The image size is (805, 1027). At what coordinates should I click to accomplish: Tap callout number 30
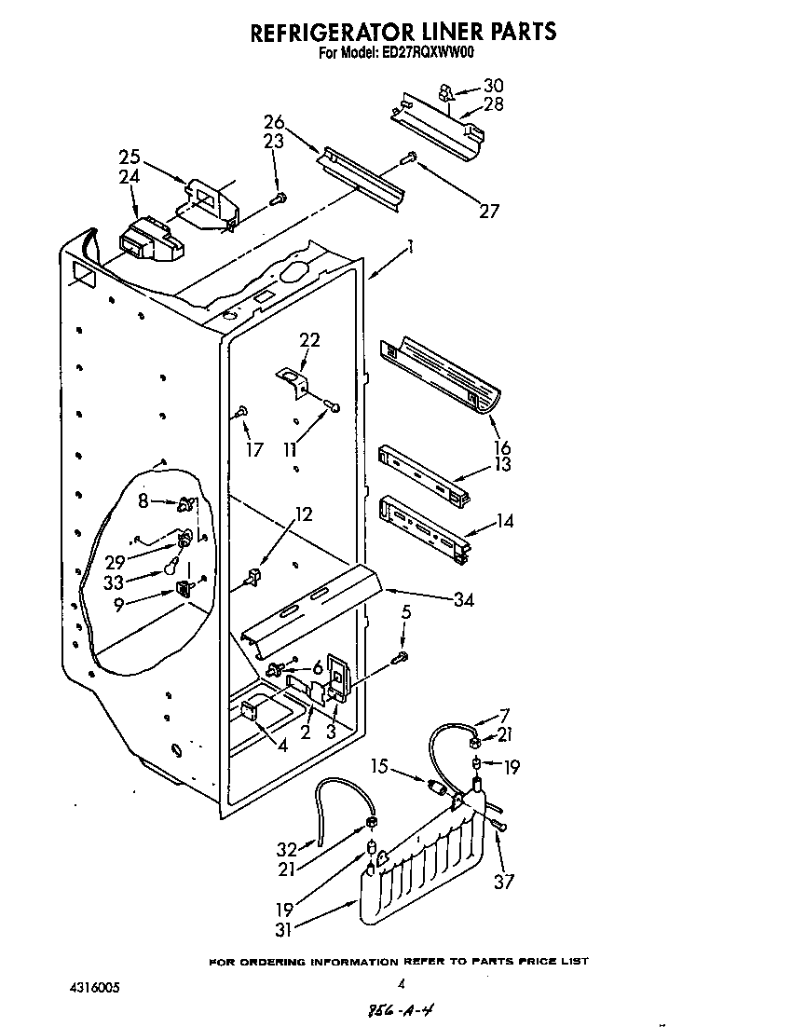pyautogui.click(x=493, y=86)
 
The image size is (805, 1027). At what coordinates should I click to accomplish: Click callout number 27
pyautogui.click(x=488, y=211)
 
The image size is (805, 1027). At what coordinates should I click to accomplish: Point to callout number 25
pyautogui.click(x=130, y=156)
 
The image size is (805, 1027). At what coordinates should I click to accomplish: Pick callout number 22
pyautogui.click(x=309, y=340)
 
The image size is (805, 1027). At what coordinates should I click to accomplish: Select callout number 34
pyautogui.click(x=463, y=600)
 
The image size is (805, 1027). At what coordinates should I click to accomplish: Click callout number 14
pyautogui.click(x=504, y=522)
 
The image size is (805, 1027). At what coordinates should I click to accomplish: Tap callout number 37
pyautogui.click(x=503, y=881)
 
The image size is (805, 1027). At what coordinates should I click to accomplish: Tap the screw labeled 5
pyautogui.click(x=400, y=658)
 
